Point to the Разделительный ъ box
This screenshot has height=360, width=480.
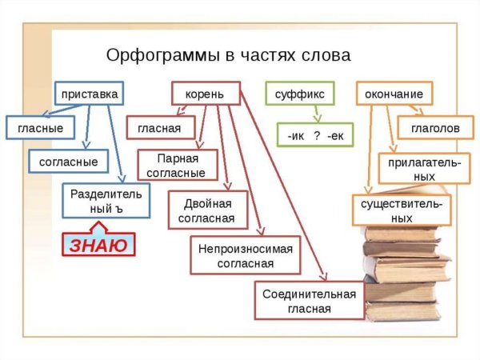coord(105,201)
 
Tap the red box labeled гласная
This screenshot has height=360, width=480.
coord(159,128)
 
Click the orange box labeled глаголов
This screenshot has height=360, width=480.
coord(435,128)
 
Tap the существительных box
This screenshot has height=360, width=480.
coord(402,210)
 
